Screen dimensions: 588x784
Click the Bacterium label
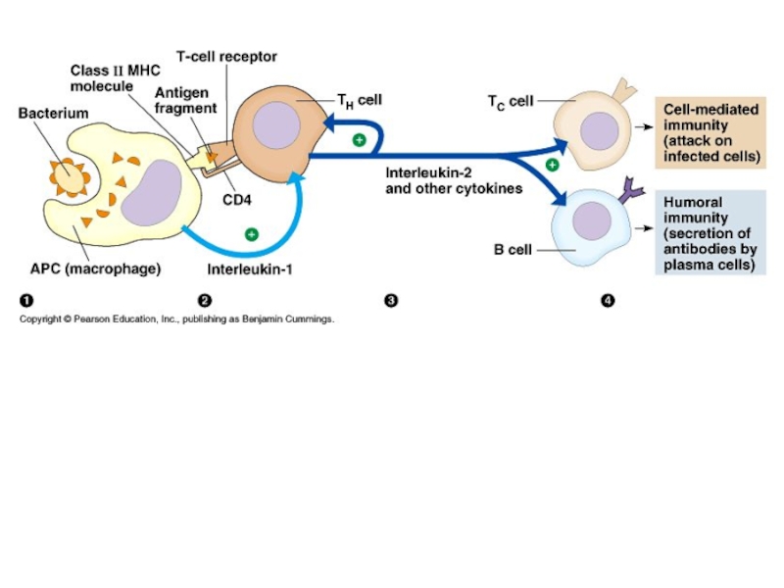tap(54, 114)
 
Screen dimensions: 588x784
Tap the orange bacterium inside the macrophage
tap(69, 175)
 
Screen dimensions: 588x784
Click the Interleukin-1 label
tap(250, 269)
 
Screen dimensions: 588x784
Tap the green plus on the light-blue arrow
tap(252, 234)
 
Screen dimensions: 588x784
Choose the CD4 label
tap(236, 201)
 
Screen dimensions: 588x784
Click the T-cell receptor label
tap(226, 57)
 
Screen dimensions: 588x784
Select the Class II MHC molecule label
tap(108, 78)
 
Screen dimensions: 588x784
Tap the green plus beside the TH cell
tap(360, 140)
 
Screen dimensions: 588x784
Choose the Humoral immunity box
tap(710, 232)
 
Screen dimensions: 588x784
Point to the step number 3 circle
tap(391, 300)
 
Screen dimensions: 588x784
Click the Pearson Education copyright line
tap(177, 319)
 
